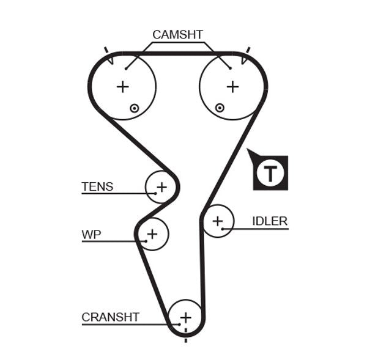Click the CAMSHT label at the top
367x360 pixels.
click(177, 35)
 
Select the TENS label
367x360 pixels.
click(97, 186)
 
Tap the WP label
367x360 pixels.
click(91, 234)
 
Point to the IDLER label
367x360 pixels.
click(270, 221)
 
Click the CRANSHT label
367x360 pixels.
click(110, 317)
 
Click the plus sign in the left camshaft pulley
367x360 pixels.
click(123, 87)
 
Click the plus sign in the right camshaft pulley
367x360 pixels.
click(232, 87)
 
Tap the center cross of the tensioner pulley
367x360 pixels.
click(161, 186)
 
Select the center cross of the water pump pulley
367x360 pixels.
click(152, 233)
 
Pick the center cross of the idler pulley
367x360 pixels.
click(218, 221)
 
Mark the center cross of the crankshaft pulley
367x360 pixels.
click(185, 317)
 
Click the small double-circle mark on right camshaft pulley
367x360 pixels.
click(220, 108)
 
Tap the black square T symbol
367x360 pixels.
click(270, 173)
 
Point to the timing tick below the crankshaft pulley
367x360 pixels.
click(185, 331)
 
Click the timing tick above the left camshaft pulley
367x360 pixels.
click(106, 50)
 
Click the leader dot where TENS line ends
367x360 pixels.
click(155, 194)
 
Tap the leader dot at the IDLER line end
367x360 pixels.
click(223, 229)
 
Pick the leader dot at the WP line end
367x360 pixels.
click(146, 241)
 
